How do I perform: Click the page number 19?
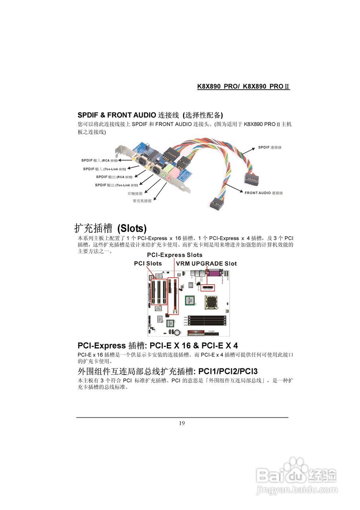[182, 423]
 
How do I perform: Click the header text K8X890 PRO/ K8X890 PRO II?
[243, 86]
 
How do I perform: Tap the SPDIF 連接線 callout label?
[270, 147]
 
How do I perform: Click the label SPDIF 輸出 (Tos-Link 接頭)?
[116, 185]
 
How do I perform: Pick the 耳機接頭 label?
[135, 193]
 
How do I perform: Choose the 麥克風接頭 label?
[142, 201]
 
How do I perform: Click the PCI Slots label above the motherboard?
[148, 264]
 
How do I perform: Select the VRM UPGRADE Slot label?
[206, 264]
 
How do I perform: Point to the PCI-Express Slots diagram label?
[174, 255]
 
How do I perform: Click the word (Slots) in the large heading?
[132, 228]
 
